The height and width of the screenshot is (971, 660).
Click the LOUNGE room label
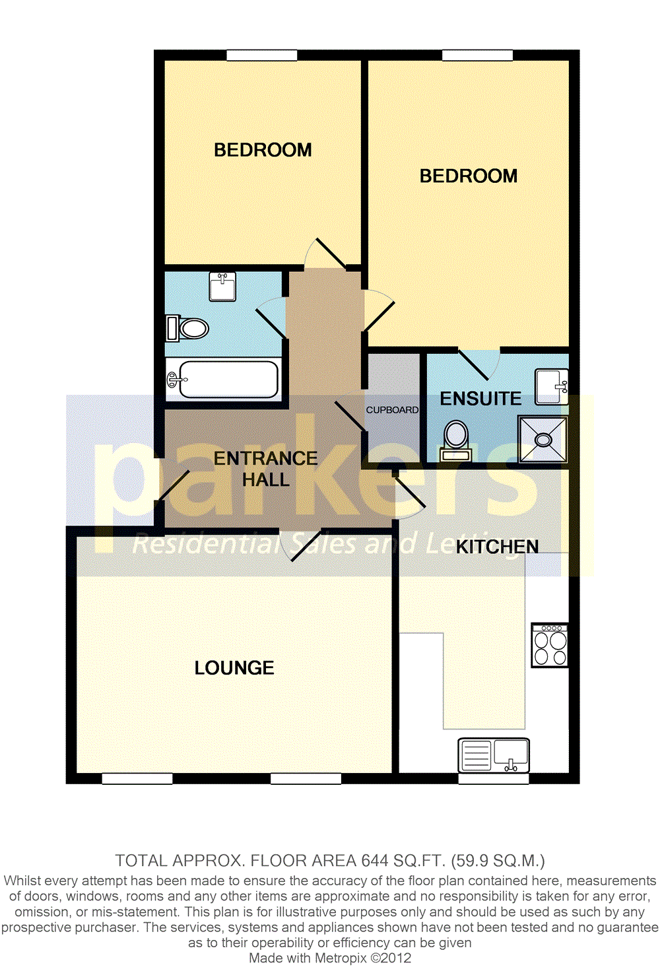click(234, 668)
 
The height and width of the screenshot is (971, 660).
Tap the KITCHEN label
click(497, 547)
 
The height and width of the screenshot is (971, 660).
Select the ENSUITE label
click(480, 399)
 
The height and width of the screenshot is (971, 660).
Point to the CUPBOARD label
click(392, 410)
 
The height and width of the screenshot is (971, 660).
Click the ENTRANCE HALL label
click(265, 469)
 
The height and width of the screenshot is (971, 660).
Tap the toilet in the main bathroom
click(188, 328)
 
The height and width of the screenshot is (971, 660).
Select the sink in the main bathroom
click(222, 286)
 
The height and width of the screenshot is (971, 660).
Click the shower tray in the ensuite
click(543, 438)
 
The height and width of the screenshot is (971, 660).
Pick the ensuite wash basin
click(551, 386)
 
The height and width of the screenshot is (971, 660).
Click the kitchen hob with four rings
click(550, 645)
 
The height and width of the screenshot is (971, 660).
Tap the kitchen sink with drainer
click(494, 755)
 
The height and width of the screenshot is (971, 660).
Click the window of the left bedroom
click(261, 55)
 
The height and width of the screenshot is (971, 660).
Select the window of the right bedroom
click(477, 55)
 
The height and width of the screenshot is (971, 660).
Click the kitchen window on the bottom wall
click(493, 779)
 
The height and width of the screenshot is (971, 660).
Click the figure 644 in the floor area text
click(376, 861)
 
